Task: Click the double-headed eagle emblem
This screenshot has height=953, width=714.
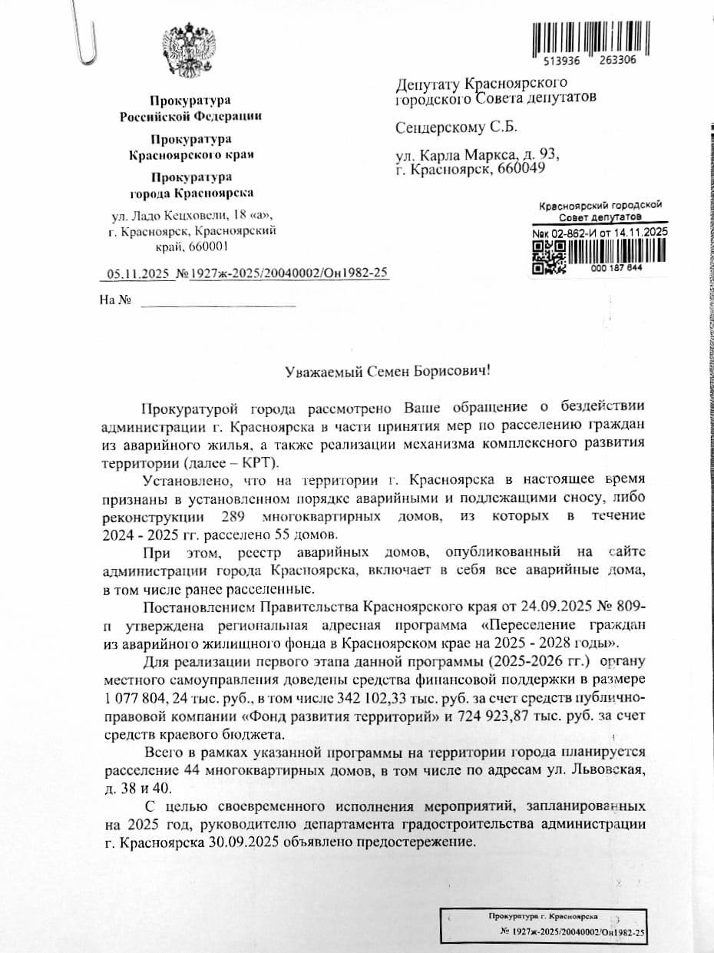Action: click(190, 51)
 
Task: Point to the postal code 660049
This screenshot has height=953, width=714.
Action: click(522, 170)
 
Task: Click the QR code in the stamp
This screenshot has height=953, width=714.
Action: click(549, 257)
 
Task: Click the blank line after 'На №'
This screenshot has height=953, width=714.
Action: click(218, 304)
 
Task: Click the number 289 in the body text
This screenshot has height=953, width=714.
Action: click(233, 516)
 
